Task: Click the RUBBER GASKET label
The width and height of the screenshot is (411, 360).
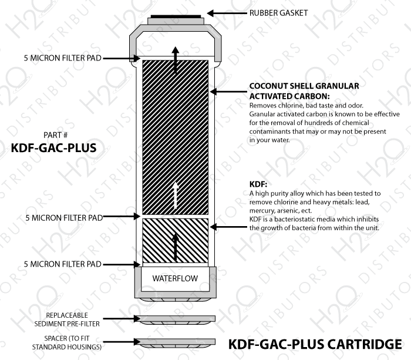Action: coord(278,13)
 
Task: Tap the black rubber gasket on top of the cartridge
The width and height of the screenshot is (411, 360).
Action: coord(176,16)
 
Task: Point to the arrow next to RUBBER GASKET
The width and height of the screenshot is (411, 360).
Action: coord(227,13)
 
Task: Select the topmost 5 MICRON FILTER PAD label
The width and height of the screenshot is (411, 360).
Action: coord(62,58)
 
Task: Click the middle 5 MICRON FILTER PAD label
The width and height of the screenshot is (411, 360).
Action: coord(64,218)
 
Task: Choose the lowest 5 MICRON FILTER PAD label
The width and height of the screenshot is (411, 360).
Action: coord(62,264)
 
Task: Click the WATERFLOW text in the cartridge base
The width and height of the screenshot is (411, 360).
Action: coord(175,278)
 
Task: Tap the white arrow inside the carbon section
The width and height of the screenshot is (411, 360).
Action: coord(176,195)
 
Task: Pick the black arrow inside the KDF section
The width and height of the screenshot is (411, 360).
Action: coord(176,247)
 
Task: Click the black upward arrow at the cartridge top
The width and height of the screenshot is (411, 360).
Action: coord(176,60)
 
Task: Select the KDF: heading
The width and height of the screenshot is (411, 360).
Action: coord(258,184)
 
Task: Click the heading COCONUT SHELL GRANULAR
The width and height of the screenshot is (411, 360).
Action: coord(304,86)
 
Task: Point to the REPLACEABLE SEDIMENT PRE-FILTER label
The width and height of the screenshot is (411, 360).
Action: coord(67,319)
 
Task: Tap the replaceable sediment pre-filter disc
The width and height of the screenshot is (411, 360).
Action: coord(176,319)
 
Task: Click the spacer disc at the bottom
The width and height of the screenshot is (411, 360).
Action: coord(176,343)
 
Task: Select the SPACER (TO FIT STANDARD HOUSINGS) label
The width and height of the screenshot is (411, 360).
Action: coord(67,342)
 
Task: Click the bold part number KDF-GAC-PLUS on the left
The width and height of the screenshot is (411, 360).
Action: coord(54,147)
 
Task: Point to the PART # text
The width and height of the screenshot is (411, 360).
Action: coord(55,135)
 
